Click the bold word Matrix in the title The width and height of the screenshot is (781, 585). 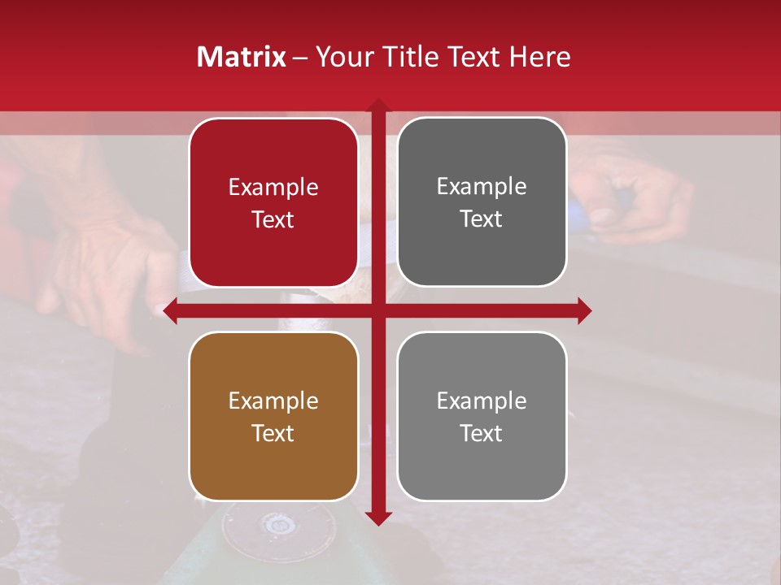coord(241,57)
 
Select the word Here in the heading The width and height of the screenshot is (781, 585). coord(539,57)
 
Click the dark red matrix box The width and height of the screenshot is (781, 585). coord(273,202)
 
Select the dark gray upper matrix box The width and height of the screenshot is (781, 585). coord(482,202)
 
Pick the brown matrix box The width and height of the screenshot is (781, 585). coord(273,416)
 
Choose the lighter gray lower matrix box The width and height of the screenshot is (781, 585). coord(482,416)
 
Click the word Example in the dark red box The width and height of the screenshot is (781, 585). coord(273,187)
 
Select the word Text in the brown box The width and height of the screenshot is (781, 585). coord(273,433)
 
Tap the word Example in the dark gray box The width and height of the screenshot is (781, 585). coord(482,186)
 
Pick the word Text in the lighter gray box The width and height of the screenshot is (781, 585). coord(482,433)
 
